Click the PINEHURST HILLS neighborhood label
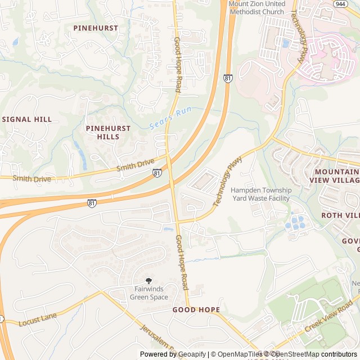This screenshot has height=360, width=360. (108, 132)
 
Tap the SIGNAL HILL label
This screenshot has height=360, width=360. (27, 119)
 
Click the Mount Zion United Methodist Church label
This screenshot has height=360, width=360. (257, 8)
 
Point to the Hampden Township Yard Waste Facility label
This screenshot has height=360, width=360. (260, 194)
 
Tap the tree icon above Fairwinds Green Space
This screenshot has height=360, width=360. (148, 281)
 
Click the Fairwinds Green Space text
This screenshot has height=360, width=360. (148, 293)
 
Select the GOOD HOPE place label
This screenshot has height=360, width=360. (196, 310)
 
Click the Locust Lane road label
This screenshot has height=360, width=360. (38, 320)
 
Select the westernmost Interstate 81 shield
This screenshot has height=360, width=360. (91, 202)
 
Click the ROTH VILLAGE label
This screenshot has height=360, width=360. (340, 215)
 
